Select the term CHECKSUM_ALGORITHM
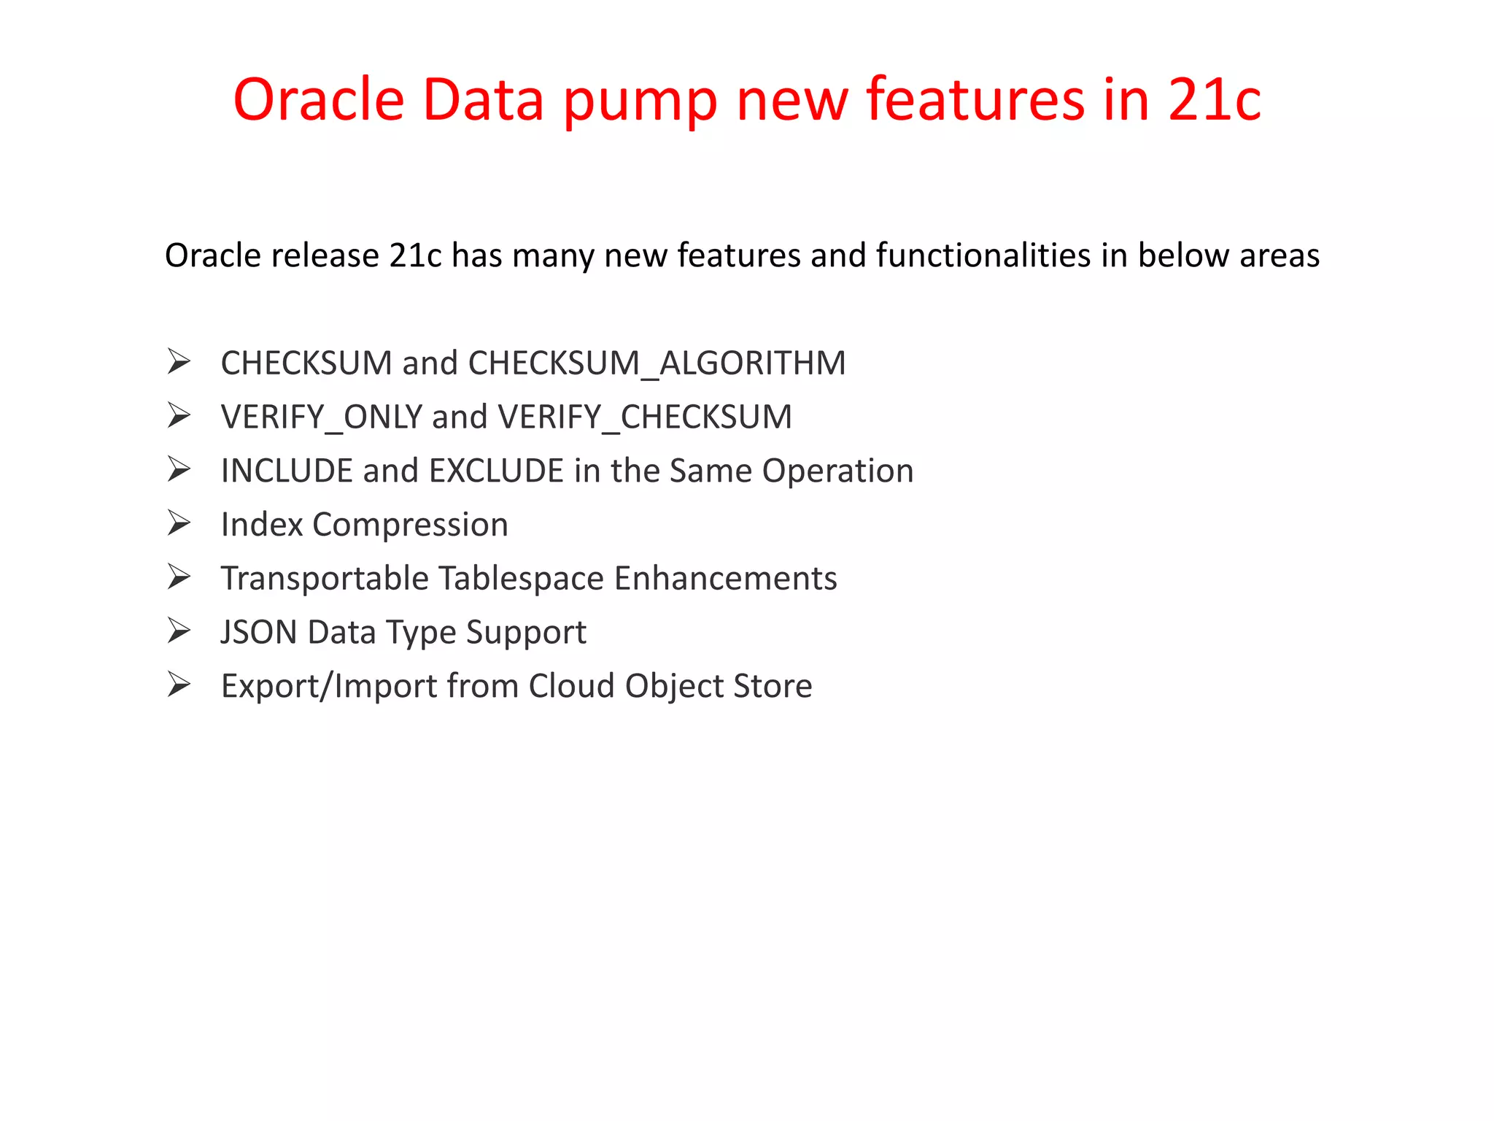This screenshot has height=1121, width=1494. click(657, 363)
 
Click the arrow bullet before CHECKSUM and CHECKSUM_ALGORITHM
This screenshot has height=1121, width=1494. click(179, 361)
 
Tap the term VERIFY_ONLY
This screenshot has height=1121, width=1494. click(322, 417)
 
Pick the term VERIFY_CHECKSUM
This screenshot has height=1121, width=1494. click(645, 417)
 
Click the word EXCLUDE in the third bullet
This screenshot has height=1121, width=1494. click(496, 471)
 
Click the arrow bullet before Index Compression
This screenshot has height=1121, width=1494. click(179, 523)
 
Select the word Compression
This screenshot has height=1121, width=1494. click(410, 525)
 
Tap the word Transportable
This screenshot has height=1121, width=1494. click(325, 578)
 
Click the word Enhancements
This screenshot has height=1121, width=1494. click(725, 578)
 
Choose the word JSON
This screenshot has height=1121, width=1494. click(259, 632)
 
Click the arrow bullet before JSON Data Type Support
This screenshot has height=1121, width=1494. click(179, 631)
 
